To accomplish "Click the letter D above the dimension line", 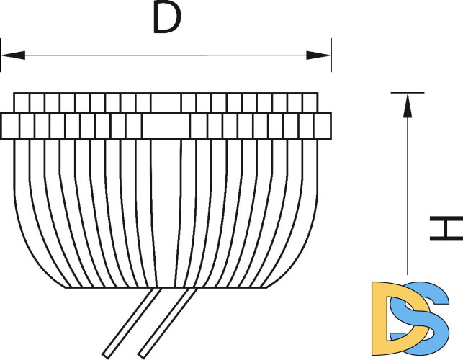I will [x=166, y=19].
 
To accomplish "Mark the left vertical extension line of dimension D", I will [x=1, y=56].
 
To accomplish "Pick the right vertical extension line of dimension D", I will [x=331, y=56].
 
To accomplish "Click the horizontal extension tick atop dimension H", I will [x=407, y=92].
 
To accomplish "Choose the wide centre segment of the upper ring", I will [x=166, y=102].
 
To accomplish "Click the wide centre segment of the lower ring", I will [x=166, y=126].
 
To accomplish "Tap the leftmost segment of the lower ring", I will [x=10, y=126].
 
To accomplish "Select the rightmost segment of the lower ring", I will [x=324, y=126].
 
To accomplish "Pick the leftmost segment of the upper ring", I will [x=22, y=102].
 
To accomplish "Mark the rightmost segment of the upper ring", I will [x=310, y=102].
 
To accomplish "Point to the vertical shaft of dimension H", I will [x=408, y=187].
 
